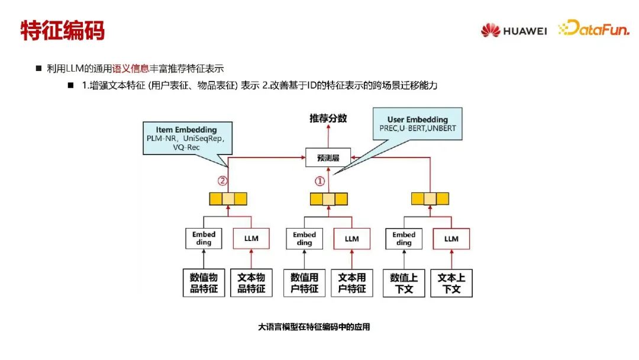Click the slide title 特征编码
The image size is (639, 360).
62,30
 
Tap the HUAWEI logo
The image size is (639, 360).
513,30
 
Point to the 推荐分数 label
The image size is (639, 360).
328,118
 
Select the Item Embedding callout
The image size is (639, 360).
186,138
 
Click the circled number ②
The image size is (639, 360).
222,181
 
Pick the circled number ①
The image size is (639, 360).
320,181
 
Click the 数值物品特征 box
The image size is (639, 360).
204,283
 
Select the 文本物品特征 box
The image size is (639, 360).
251,283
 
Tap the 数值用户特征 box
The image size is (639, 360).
304,283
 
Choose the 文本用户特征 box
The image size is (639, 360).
352,283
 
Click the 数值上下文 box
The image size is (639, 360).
404,283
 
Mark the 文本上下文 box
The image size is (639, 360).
451,283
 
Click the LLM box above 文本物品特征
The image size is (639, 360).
251,239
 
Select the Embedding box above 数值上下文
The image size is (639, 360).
404,239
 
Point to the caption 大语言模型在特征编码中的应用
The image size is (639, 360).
314,327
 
